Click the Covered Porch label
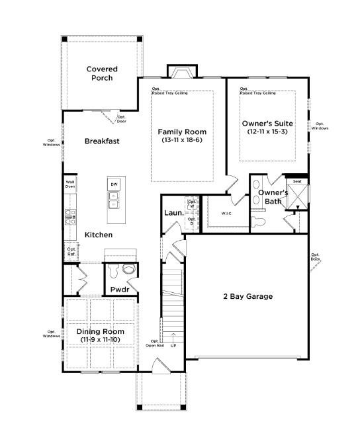click(x=101, y=73)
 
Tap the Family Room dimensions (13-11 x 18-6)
click(x=183, y=140)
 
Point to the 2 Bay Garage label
click(x=247, y=296)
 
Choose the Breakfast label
click(x=101, y=141)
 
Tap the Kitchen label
click(x=97, y=235)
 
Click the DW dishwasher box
click(x=114, y=184)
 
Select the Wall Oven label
click(x=70, y=184)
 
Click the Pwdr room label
click(x=119, y=290)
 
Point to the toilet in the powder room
click(x=113, y=270)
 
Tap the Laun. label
click(x=173, y=213)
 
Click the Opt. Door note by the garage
click(x=316, y=257)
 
